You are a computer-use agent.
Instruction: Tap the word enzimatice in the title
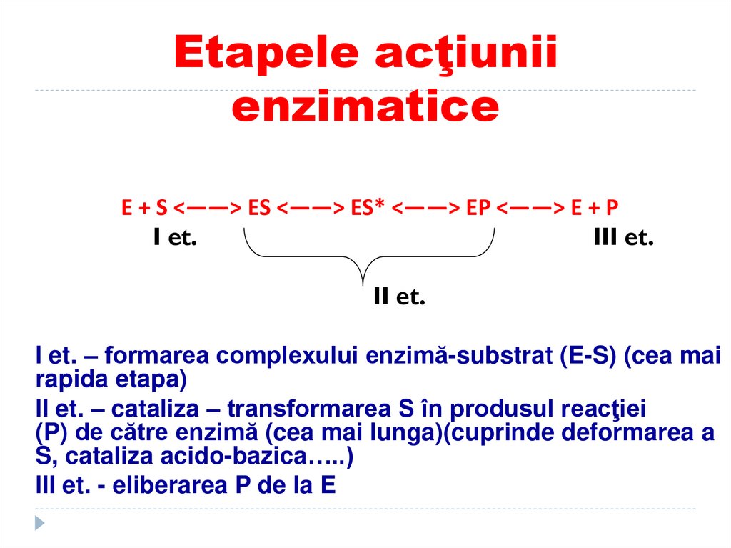365,107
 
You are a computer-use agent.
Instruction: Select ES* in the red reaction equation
368,208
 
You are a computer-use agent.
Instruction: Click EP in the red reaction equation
478,208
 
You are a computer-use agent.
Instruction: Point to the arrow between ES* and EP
425,208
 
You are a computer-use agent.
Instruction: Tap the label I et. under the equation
175,238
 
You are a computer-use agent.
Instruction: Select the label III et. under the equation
623,238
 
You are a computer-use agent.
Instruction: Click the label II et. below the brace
399,297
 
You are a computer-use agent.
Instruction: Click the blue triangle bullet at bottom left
40,522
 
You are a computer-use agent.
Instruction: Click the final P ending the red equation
612,208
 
